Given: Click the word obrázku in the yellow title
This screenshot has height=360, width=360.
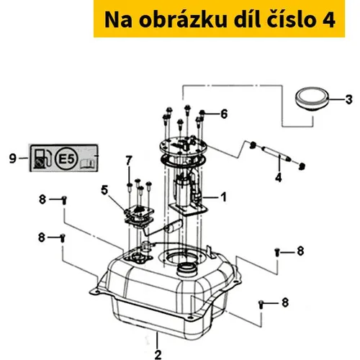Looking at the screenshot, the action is (x=183, y=19).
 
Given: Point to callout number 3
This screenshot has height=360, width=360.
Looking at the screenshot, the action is (x=349, y=99).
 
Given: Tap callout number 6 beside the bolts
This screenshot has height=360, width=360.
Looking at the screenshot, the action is (x=224, y=114).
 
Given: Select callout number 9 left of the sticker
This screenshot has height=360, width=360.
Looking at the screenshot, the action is (x=13, y=158).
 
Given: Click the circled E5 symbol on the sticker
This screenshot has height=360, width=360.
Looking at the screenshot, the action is (x=66, y=158).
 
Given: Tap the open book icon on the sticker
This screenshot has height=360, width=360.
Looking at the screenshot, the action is (x=87, y=163).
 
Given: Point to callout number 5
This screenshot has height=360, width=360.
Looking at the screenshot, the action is (x=104, y=190).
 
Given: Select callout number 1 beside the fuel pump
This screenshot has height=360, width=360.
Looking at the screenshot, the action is (x=224, y=197).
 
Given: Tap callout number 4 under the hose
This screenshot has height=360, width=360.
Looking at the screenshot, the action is (x=279, y=177).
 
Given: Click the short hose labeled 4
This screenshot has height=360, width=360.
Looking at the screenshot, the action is (x=276, y=153).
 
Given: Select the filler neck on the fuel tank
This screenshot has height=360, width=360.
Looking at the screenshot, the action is (x=187, y=270).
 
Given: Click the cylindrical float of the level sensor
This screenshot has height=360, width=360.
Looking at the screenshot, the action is (x=174, y=227).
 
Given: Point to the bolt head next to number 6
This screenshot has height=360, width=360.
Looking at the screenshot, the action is (x=202, y=112).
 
